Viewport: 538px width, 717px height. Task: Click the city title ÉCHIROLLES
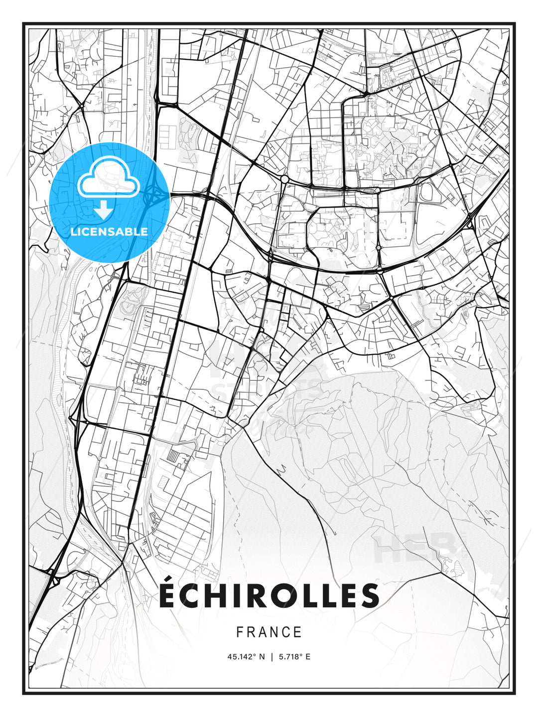pyautogui.click(x=269, y=596)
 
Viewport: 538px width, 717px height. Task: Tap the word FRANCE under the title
pyautogui.click(x=269, y=632)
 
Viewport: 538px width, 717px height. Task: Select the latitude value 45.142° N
pyautogui.click(x=246, y=657)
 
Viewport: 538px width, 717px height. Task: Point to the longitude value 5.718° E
pyautogui.click(x=294, y=657)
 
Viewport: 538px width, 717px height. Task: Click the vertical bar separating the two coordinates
pyautogui.click(x=272, y=657)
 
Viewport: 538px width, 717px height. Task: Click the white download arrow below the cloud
pyautogui.click(x=104, y=210)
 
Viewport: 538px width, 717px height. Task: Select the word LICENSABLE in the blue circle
pyautogui.click(x=109, y=232)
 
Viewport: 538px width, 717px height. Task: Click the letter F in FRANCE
pyautogui.click(x=240, y=632)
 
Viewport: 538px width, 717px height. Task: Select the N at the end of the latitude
pyautogui.click(x=263, y=657)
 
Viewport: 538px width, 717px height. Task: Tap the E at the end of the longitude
pyautogui.click(x=308, y=657)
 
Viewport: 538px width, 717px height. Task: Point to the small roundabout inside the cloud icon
pyautogui.click(x=116, y=186)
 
